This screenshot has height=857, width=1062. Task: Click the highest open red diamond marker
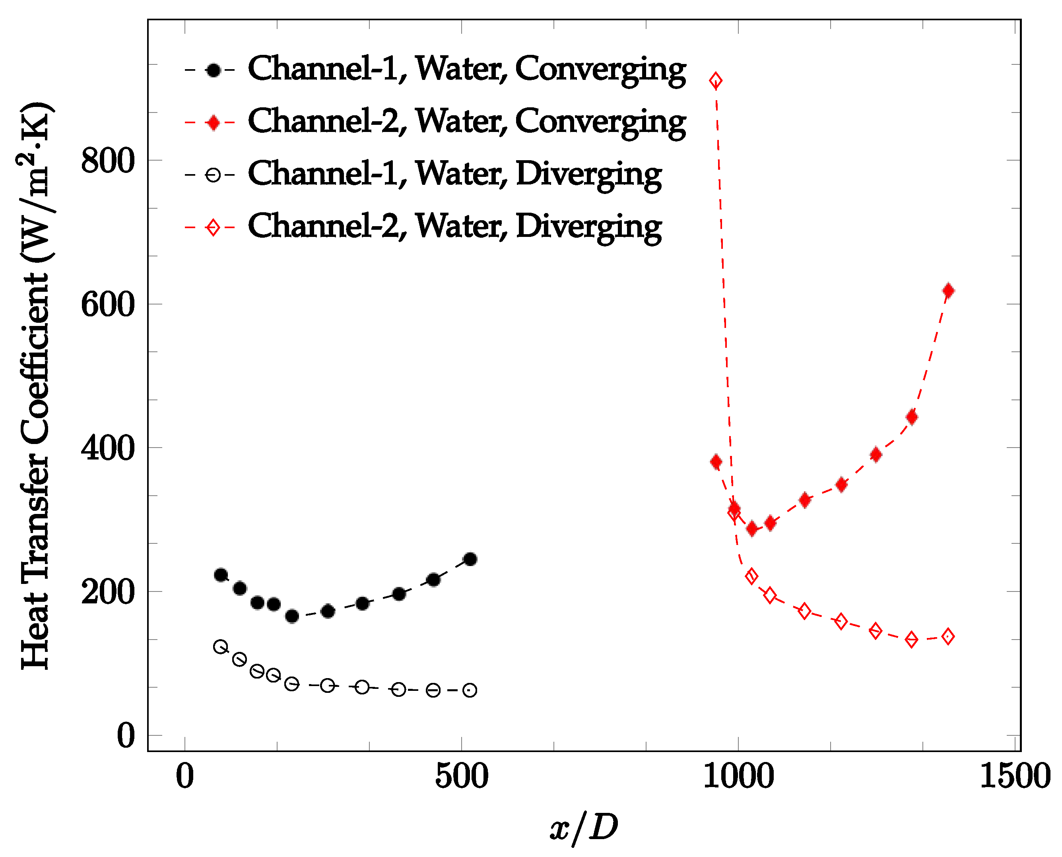click(715, 80)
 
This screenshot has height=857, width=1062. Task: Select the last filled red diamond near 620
click(948, 291)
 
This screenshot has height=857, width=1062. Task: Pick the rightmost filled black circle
click(470, 559)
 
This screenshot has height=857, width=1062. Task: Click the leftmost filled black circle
click(221, 575)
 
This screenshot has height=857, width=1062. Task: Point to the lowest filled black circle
click(292, 617)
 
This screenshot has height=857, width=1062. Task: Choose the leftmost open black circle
click(220, 647)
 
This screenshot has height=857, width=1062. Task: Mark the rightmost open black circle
click(470, 690)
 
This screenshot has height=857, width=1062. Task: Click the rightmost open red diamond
click(948, 637)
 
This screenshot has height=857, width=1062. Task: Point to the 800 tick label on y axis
click(108, 161)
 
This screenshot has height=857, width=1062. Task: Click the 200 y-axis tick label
click(108, 592)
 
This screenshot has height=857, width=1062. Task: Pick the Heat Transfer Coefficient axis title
click(35, 385)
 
